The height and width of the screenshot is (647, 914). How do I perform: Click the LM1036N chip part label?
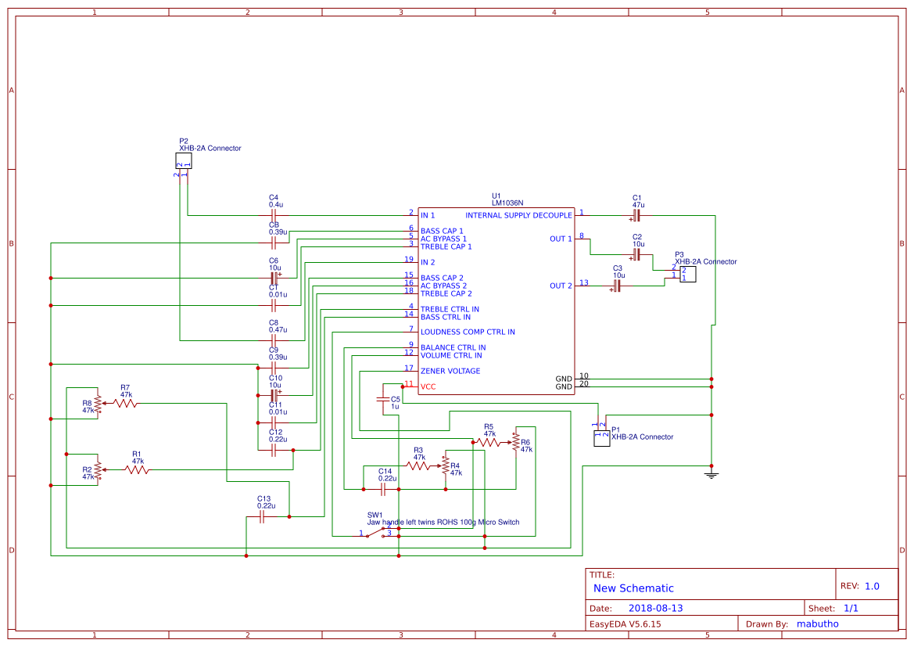pyautogui.click(x=507, y=203)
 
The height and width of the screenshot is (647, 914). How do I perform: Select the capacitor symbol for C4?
pyautogui.click(x=274, y=214)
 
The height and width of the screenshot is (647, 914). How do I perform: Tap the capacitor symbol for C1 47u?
pyautogui.click(x=636, y=214)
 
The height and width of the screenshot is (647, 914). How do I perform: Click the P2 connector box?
pyautogui.click(x=183, y=160)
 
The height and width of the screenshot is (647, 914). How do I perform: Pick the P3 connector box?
pyautogui.click(x=687, y=274)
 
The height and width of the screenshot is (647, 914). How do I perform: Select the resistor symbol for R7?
pyautogui.click(x=125, y=404)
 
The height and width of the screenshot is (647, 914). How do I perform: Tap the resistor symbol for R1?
pyautogui.click(x=137, y=469)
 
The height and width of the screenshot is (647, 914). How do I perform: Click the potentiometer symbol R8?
pyautogui.click(x=99, y=404)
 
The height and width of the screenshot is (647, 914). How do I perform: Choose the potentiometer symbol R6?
pyautogui.click(x=515, y=442)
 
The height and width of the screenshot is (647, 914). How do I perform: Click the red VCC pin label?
pyautogui.click(x=428, y=386)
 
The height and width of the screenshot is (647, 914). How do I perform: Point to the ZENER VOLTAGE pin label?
pyautogui.click(x=450, y=371)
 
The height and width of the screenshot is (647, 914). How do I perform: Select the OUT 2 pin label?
pyautogui.click(x=561, y=286)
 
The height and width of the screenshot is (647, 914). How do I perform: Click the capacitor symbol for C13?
pyautogui.click(x=263, y=516)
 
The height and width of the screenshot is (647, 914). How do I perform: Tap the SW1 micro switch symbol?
pyautogui.click(x=381, y=532)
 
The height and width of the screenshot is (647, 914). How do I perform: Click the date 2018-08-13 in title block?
pyautogui.click(x=656, y=608)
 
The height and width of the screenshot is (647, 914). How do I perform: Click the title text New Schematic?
pyautogui.click(x=633, y=588)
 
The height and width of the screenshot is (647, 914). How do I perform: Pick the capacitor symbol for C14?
pyautogui.click(x=383, y=489)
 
